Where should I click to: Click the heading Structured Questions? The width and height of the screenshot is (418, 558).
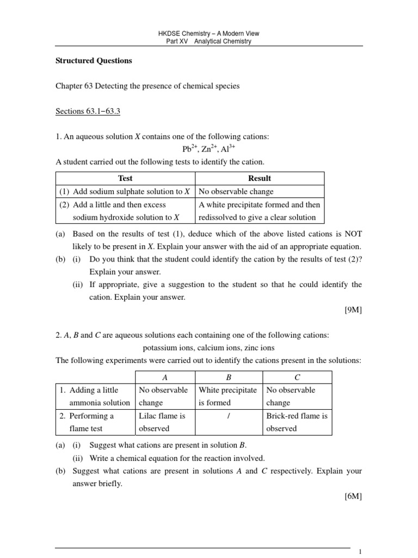[x=94, y=60]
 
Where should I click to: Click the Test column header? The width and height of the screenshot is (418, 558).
[x=125, y=178]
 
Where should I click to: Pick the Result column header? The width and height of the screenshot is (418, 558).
[x=259, y=178]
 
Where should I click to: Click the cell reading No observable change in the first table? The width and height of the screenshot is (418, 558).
[x=236, y=192]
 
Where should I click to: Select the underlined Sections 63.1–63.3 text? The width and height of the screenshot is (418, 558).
[x=88, y=112]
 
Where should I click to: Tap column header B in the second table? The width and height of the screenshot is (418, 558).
[x=229, y=377]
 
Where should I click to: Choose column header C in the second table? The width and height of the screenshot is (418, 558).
[x=297, y=377]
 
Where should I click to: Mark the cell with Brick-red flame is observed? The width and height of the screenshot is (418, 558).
[x=297, y=422]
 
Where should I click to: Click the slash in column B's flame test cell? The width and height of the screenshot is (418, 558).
[x=229, y=416]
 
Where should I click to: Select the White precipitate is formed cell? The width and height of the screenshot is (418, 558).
[x=228, y=396]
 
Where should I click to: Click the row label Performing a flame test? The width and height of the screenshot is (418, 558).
[x=90, y=422]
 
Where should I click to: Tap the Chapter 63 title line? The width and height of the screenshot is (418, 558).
[x=147, y=86]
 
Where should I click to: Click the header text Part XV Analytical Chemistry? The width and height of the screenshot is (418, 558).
[x=208, y=41]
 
